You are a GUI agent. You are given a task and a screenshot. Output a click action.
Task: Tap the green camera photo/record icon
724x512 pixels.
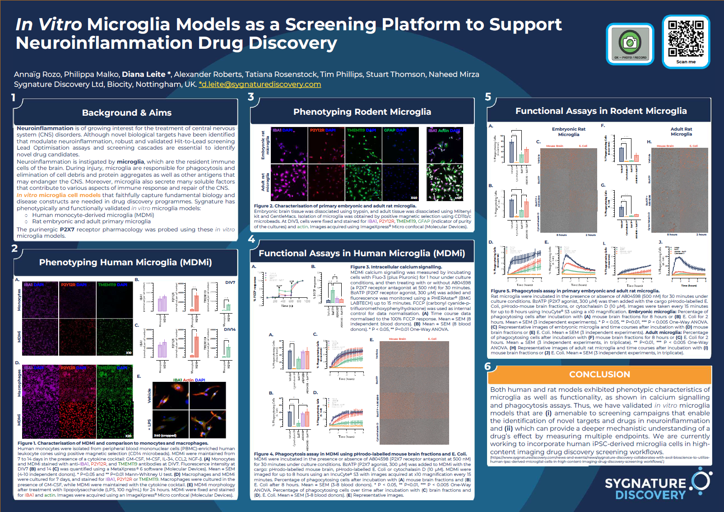(x=630, y=42)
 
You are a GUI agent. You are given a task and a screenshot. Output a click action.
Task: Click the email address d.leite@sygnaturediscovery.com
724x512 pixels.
(x=260, y=85)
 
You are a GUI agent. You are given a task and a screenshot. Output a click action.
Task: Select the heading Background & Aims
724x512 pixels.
(x=126, y=113)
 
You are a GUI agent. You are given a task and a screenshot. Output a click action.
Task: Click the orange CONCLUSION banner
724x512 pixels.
(x=599, y=374)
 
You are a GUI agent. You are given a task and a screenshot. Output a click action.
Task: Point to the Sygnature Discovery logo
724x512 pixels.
(x=657, y=485)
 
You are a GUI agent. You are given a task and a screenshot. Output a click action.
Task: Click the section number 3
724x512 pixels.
(x=251, y=97)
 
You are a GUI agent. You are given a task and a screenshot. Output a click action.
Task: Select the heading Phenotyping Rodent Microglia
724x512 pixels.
(x=362, y=112)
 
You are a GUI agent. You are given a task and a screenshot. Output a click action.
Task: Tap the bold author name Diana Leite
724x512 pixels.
(x=144, y=74)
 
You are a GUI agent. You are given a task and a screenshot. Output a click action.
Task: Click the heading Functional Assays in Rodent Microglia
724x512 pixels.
(x=601, y=111)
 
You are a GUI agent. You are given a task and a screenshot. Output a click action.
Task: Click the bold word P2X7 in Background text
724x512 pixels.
(x=67, y=230)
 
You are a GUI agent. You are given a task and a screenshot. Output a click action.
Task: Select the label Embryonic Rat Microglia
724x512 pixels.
(x=568, y=132)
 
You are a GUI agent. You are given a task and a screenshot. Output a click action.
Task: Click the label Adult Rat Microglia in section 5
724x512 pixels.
(x=681, y=132)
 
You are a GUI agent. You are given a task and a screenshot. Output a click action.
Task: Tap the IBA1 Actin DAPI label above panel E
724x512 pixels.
(x=189, y=380)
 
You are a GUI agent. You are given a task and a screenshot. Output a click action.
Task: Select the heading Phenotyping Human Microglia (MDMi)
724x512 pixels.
(x=125, y=262)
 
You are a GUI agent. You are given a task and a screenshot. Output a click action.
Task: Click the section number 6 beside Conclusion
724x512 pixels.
(x=487, y=366)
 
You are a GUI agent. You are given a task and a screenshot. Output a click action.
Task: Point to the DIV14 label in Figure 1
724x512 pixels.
(x=230, y=329)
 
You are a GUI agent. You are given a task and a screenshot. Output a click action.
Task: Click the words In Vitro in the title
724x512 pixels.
(x=48, y=24)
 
